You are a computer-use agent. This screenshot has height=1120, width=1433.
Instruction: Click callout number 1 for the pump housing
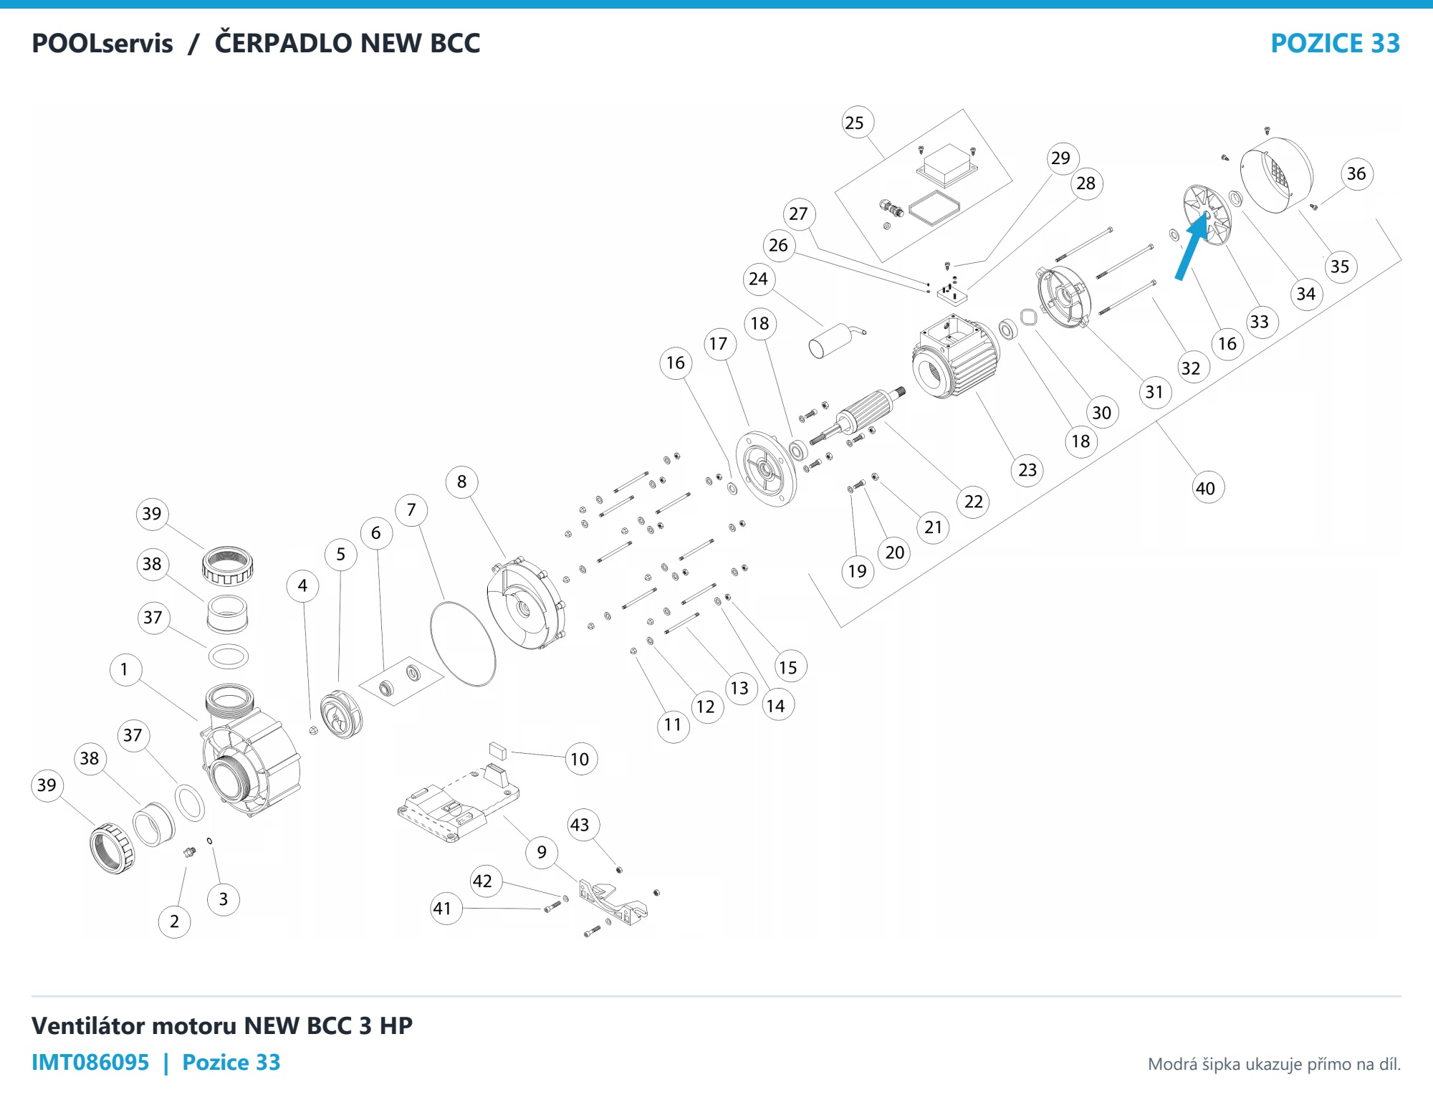coord(125,669)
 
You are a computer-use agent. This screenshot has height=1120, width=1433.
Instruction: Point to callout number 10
coord(580,759)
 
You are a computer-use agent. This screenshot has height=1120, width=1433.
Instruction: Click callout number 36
coord(1356,173)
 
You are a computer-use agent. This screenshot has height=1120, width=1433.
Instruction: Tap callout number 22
coord(974,502)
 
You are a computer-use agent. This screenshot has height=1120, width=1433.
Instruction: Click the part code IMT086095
coord(90,1062)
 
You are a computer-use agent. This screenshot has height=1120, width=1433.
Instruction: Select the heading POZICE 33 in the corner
coord(1336,44)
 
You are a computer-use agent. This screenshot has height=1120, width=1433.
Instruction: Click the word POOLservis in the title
coord(102,44)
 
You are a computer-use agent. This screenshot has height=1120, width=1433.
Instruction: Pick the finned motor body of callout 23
coord(956,357)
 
